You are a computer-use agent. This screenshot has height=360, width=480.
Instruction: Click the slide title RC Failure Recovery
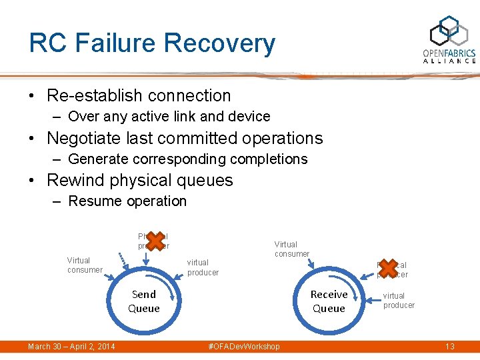tap(152, 43)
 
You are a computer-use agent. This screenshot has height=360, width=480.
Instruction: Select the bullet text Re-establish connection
tap(139, 95)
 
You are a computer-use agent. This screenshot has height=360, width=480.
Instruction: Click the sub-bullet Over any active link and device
tap(169, 116)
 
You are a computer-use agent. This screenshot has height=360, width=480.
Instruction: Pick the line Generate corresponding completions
tap(187, 159)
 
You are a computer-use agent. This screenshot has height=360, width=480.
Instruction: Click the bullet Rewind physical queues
tap(139, 180)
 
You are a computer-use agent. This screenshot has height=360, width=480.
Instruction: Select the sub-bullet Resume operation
tap(127, 201)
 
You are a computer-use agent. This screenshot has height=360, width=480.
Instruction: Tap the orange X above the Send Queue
tap(153, 241)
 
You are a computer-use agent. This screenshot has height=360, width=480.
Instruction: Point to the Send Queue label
tap(144, 301)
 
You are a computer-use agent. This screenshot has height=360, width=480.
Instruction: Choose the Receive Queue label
tap(329, 301)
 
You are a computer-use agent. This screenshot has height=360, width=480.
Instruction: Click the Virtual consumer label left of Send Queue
tap(85, 265)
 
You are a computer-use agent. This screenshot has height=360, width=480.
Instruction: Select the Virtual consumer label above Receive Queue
tap(292, 249)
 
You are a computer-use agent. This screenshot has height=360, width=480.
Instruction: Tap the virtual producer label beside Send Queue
tap(203, 267)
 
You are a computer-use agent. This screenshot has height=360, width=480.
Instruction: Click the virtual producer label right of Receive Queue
tap(399, 300)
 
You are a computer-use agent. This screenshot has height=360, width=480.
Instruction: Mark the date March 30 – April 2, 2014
tap(71, 346)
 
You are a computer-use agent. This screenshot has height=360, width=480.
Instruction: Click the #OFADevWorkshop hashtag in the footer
tap(244, 346)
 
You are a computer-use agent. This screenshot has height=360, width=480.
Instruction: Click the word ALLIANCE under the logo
tap(449, 61)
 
